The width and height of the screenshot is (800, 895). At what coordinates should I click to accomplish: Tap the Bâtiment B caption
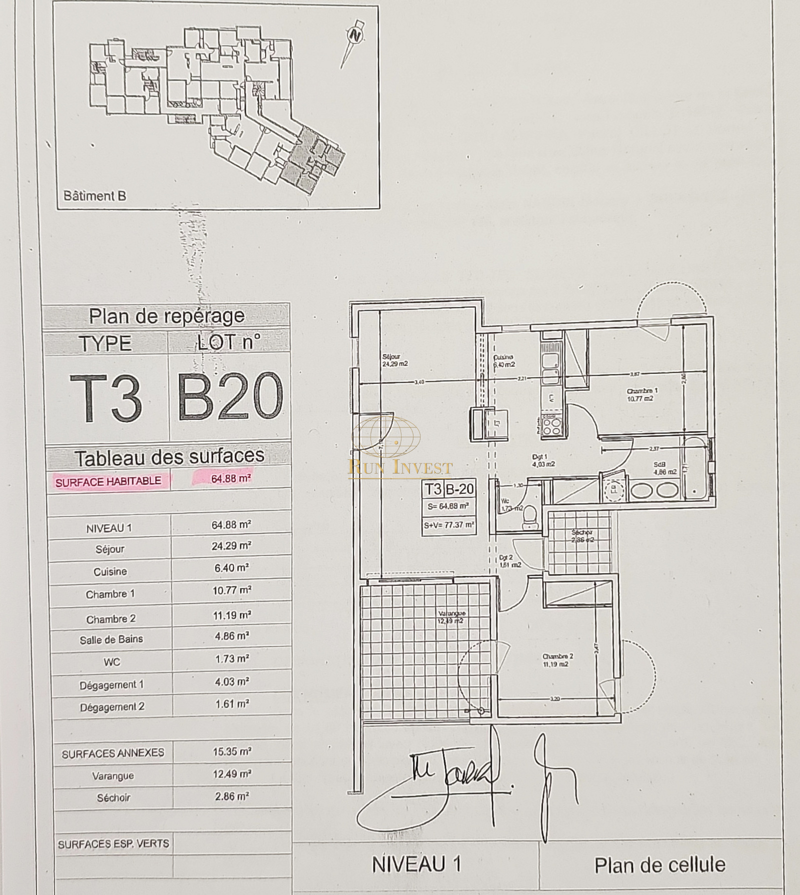click(94, 195)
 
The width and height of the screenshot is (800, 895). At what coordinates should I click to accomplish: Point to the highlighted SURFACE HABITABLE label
click(108, 481)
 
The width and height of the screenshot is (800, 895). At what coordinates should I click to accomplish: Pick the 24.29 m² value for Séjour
click(231, 546)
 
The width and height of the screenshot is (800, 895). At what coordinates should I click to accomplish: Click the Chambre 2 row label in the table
click(110, 619)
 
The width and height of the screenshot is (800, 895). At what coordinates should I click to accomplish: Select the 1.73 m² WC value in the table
click(231, 659)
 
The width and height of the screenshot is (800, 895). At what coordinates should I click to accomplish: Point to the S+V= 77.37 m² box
click(448, 525)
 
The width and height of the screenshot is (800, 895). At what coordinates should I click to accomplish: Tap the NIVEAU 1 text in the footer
click(416, 864)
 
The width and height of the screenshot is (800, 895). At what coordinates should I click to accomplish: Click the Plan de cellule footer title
click(659, 865)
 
